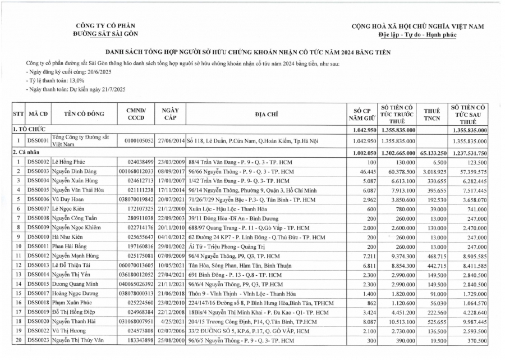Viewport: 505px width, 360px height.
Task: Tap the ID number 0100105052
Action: pyautogui.click(x=137, y=141)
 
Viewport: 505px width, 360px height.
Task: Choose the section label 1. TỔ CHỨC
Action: pyautogui.click(x=30, y=130)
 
